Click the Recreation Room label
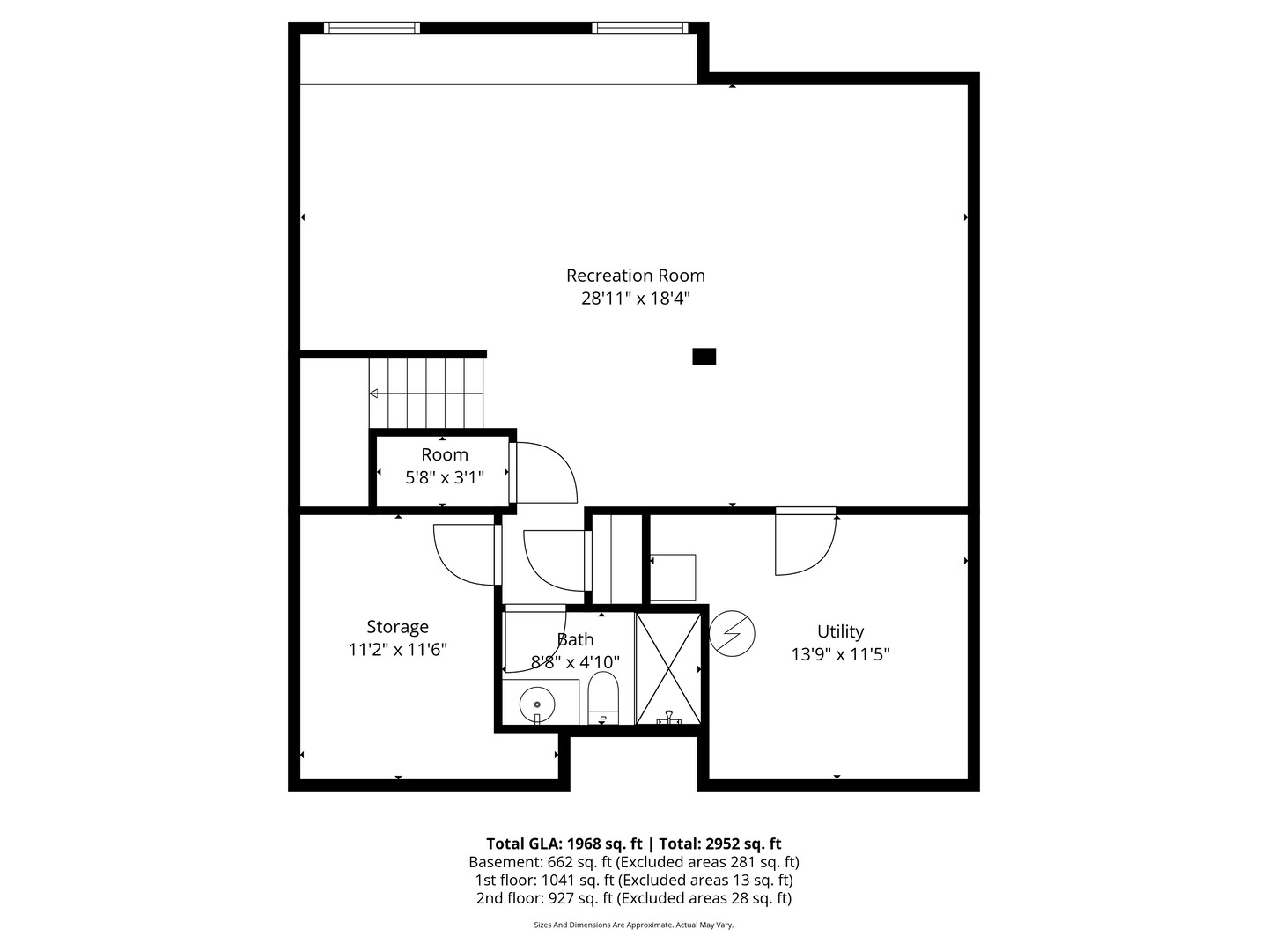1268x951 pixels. click(x=635, y=276)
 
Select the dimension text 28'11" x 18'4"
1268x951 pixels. click(x=635, y=299)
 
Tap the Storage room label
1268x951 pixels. click(x=397, y=627)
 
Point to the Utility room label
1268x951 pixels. click(x=840, y=631)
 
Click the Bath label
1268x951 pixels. click(x=575, y=639)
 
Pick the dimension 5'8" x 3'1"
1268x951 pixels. click(x=444, y=478)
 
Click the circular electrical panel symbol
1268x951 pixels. click(x=733, y=634)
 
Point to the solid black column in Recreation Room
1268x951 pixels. click(x=704, y=357)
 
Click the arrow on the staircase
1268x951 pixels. click(x=375, y=394)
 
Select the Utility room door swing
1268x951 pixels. click(x=803, y=544)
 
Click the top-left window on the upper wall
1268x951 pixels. click(x=372, y=28)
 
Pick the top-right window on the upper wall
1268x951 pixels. click(x=639, y=28)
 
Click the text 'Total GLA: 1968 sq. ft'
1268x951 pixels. click(x=560, y=844)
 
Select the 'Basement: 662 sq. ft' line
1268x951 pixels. click(x=541, y=862)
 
